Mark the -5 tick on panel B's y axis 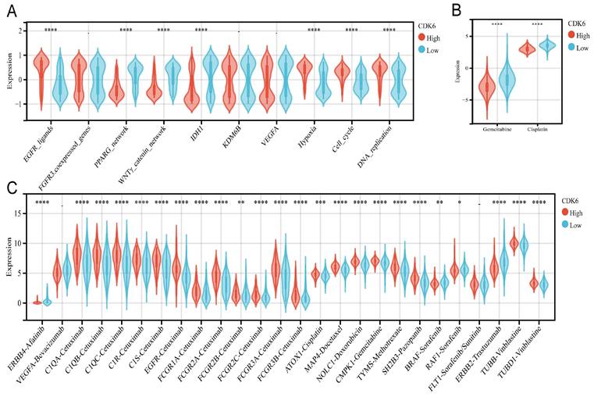coord(461,100)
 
